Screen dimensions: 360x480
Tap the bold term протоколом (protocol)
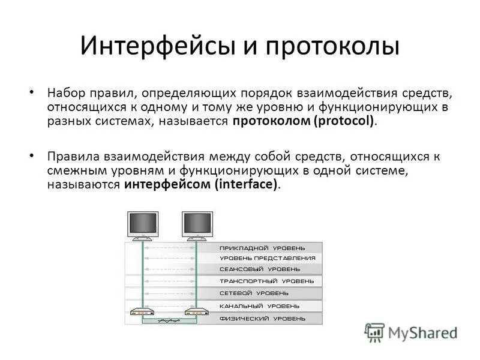click(306, 121)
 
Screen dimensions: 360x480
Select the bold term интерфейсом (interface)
click(202, 185)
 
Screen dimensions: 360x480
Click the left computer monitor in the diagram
click(143, 224)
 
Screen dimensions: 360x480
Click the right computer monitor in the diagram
click(197, 224)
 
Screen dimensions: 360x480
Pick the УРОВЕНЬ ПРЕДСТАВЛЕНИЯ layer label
click(267, 258)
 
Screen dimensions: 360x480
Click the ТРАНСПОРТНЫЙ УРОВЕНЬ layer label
click(266, 281)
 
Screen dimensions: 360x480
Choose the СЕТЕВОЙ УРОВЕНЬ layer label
click(254, 293)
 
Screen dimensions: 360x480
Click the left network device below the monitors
click(143, 312)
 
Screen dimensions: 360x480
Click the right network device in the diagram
click(196, 312)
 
